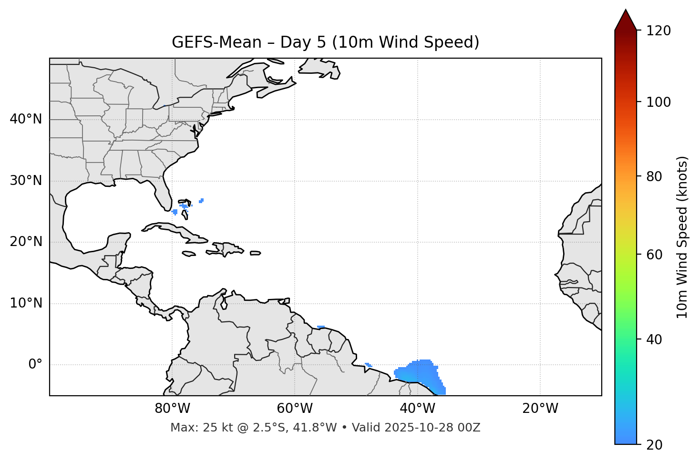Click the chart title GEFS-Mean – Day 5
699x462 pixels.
point(325,42)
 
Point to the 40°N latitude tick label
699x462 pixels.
point(26,119)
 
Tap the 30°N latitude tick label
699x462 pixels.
point(26,181)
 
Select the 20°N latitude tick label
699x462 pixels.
point(26,242)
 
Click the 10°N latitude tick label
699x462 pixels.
point(26,303)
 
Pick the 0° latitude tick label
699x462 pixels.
point(35,365)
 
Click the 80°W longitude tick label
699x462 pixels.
point(172,409)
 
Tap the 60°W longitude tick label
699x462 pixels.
point(295,409)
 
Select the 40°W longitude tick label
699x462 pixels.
point(418,409)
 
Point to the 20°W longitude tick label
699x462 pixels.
point(540,409)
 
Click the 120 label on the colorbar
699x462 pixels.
point(658,31)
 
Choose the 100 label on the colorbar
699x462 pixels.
point(658,102)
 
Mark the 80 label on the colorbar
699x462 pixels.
point(654,176)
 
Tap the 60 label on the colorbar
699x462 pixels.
point(654,255)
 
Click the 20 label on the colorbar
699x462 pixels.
point(654,445)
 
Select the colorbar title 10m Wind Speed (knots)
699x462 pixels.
point(682,237)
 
